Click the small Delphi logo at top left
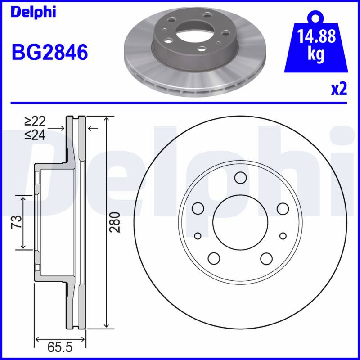(33, 12)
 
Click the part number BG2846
(50, 52)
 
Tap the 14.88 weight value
(316, 36)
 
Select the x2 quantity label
(339, 89)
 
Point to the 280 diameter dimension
(115, 222)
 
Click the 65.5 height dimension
(60, 347)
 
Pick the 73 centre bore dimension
(17, 222)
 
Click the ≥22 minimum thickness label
(35, 121)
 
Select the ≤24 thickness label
(35, 135)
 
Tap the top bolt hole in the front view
(240, 178)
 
